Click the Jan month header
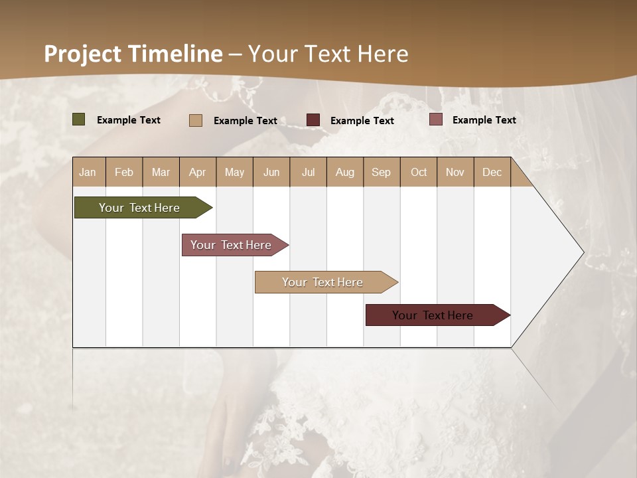click(88, 172)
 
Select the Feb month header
click(124, 172)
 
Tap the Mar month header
click(161, 172)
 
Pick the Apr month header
click(197, 172)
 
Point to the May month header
click(234, 172)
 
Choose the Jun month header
click(271, 172)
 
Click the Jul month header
click(308, 172)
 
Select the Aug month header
click(345, 172)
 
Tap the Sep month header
click(382, 172)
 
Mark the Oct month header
click(419, 172)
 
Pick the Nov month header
click(455, 172)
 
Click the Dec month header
click(492, 172)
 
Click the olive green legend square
click(79, 119)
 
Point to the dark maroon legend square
click(313, 120)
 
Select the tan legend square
click(196, 120)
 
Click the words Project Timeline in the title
click(133, 54)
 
